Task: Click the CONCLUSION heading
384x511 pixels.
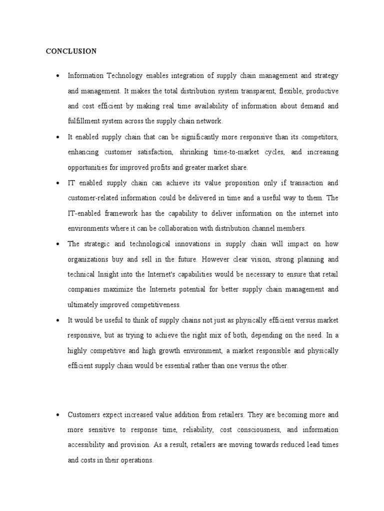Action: [71, 51]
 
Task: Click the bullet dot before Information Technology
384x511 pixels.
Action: [58, 76]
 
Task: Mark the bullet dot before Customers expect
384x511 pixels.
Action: [58, 415]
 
